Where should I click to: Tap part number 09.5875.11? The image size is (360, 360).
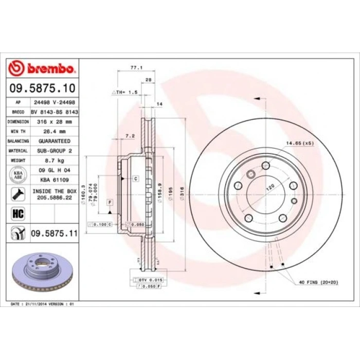pyautogui.click(x=55, y=233)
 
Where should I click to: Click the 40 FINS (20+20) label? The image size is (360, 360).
pyautogui.click(x=318, y=283)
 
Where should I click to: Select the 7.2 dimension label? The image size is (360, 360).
pyautogui.click(x=130, y=136)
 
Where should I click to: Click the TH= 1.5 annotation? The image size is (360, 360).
pyautogui.click(x=126, y=92)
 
